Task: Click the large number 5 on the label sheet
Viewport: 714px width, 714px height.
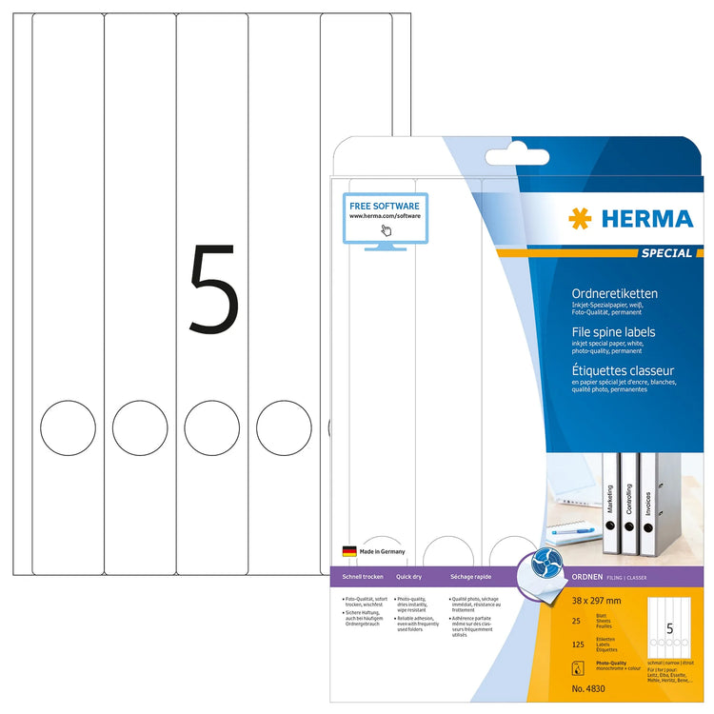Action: pos(213,289)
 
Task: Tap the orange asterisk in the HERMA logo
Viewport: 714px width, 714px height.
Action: pos(580,218)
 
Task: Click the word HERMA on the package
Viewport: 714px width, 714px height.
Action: pos(646,219)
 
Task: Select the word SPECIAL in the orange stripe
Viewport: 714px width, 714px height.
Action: pos(664,253)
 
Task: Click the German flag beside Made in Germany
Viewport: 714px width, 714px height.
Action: pos(348,551)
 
